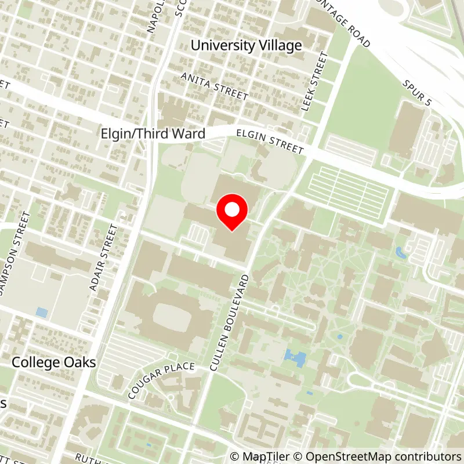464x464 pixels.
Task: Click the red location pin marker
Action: pyautogui.click(x=232, y=212)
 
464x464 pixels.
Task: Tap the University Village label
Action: pyautogui.click(x=246, y=45)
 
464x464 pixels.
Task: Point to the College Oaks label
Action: pyautogui.click(x=55, y=362)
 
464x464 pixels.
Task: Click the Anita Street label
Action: pyautogui.click(x=214, y=86)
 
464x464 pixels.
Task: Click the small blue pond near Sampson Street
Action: pyautogui.click(x=41, y=313)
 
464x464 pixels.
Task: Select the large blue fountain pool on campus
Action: pyautogui.click(x=295, y=357)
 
